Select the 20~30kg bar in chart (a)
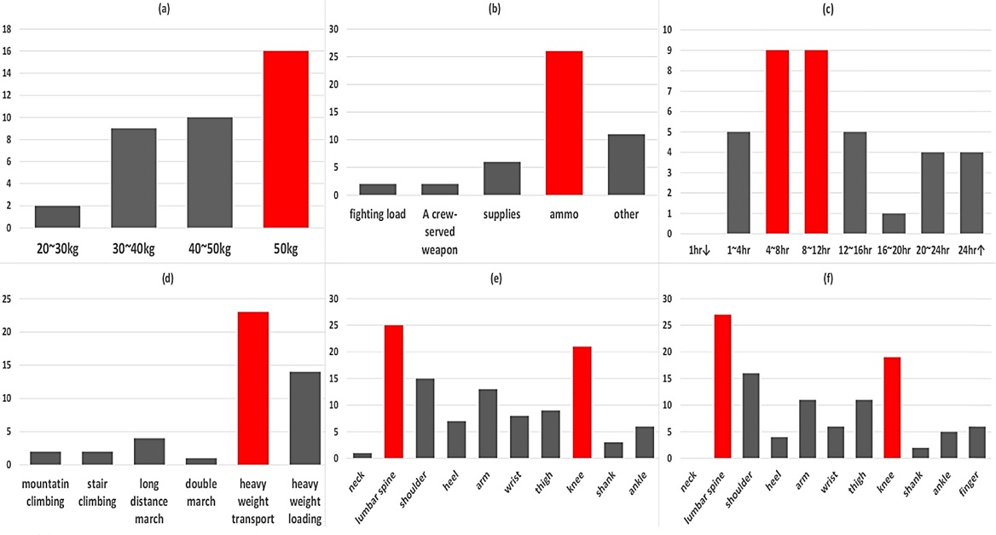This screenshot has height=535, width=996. [x=57, y=217]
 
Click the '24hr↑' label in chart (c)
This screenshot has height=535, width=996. [x=971, y=251]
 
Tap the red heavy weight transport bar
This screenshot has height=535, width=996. [x=253, y=388]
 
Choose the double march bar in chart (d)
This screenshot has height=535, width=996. [x=201, y=462]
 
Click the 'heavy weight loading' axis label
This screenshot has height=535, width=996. [x=305, y=495]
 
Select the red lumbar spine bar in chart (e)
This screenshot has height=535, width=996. [x=395, y=392]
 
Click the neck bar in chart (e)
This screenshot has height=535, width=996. [x=362, y=456]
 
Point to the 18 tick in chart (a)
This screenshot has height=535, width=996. [x=8, y=29]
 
